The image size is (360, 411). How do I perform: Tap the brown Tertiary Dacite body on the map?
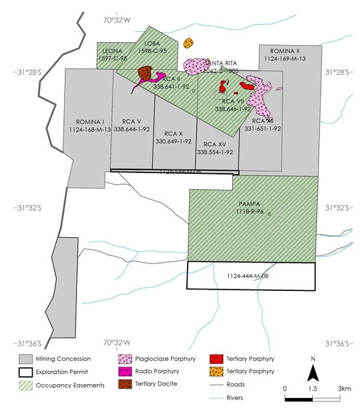[145, 73]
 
